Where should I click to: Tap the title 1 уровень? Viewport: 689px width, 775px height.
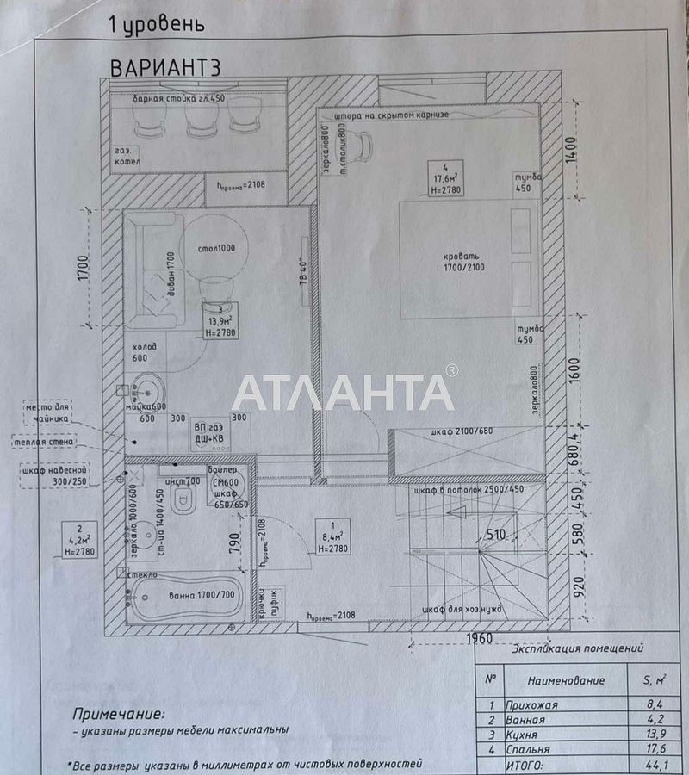point(157,23)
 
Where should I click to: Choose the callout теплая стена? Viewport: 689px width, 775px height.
point(45,442)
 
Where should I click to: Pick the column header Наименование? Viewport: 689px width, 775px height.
point(566,679)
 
